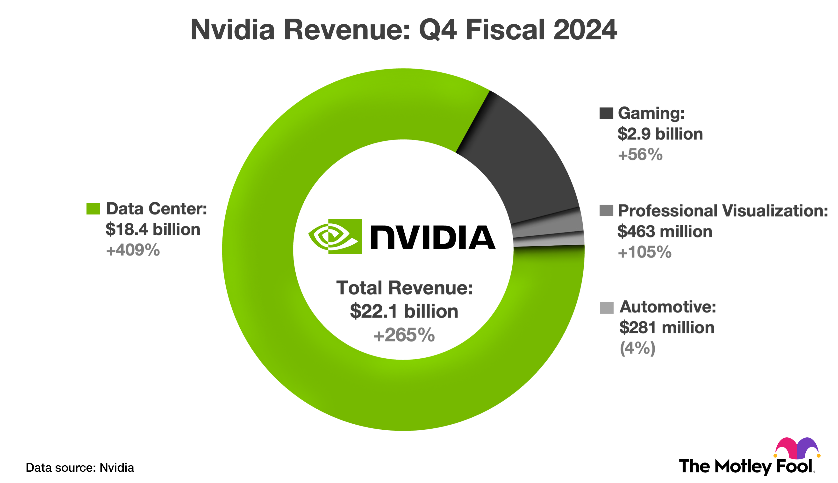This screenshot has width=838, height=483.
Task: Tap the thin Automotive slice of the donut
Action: [549, 240]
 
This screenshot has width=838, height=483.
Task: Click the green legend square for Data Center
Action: [93, 209]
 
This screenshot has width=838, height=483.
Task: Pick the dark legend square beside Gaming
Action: [606, 113]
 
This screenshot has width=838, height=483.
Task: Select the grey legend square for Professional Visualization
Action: [606, 210]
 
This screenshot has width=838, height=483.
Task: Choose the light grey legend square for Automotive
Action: [606, 307]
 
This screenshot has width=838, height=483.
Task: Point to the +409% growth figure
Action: [133, 250]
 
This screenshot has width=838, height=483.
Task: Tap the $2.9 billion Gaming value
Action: [660, 134]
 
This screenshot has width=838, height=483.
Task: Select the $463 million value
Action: [665, 232]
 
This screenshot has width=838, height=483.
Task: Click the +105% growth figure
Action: [644, 252]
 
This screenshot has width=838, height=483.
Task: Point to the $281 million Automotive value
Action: [666, 328]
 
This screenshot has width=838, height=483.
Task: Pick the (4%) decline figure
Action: [637, 348]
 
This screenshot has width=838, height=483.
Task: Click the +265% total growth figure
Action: [404, 335]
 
